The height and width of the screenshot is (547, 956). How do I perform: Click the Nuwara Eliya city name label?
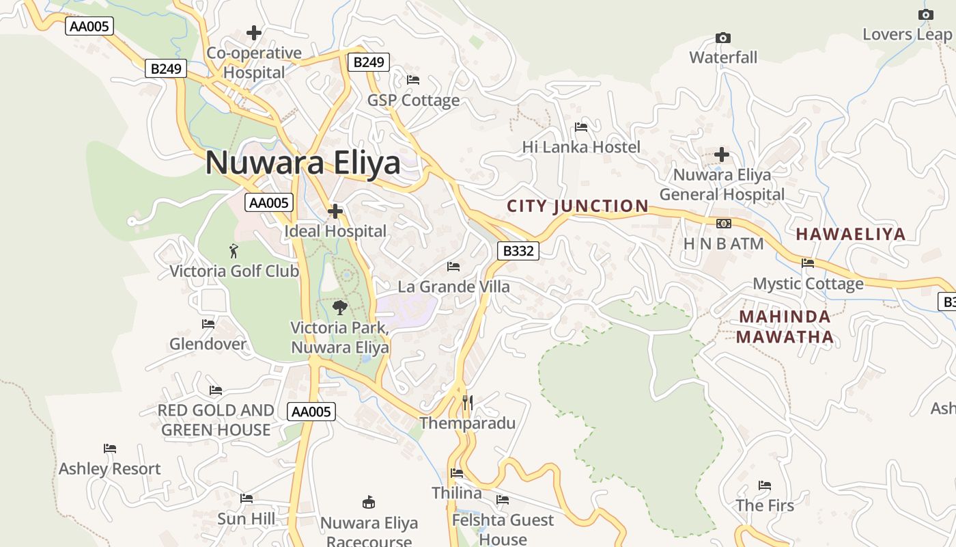coord(303,163)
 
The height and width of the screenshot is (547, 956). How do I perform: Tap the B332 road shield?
coord(518,251)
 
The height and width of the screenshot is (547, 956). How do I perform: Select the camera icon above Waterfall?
coord(722,38)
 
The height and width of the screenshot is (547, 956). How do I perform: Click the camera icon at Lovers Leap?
coord(926,14)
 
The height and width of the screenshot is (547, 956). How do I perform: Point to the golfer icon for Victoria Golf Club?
coord(234,251)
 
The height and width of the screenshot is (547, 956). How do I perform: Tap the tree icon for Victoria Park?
coord(339,308)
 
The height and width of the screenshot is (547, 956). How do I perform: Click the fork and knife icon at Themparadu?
coord(467,402)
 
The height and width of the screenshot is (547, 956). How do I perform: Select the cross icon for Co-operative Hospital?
coord(254,33)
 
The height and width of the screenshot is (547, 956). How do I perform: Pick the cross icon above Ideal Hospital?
coord(335,211)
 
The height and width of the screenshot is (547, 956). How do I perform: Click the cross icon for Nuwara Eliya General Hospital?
coord(722,155)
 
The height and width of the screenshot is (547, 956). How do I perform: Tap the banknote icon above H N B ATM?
coord(723,224)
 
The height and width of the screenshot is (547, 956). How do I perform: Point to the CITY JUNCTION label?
coord(578,206)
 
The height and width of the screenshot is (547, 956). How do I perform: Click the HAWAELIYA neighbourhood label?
coord(851,234)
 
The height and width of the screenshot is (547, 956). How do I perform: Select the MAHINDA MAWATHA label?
coord(785,326)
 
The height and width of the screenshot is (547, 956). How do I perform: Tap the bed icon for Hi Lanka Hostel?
coord(581,127)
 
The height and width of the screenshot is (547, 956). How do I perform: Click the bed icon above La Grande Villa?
coord(453,266)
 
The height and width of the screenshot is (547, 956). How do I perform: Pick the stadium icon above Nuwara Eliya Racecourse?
coord(369,503)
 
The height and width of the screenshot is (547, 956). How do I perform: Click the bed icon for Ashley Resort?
coord(110,449)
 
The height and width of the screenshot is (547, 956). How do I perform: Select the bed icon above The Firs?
coord(765,485)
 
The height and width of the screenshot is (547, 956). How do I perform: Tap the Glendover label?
coord(208,344)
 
